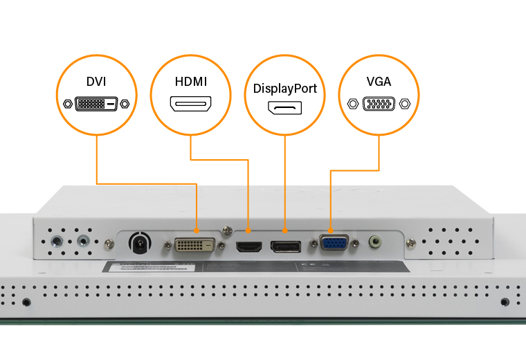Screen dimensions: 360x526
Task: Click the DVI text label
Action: click(96, 82)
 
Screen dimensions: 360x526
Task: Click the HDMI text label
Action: click(191, 82)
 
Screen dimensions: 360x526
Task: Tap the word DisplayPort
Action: click(285, 89)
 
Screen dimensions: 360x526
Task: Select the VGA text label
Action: click(379, 82)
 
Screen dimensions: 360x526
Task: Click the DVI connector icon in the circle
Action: click(96, 105)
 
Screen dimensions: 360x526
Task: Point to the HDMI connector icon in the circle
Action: click(191, 105)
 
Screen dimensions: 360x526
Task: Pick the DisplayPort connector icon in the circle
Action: click(285, 109)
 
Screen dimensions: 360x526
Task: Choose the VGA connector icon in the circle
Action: click(379, 105)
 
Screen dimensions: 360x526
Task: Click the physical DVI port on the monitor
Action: click(194, 245)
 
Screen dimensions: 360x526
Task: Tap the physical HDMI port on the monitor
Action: click(248, 246)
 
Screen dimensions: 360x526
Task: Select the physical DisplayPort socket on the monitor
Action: click(285, 246)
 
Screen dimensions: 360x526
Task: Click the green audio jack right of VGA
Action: click(376, 242)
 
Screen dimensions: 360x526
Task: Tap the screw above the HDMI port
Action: click(226, 229)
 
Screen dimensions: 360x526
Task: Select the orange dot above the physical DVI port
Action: click(197, 229)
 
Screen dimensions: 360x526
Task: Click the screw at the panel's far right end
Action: click(410, 243)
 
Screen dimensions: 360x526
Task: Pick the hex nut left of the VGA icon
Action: click(352, 105)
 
